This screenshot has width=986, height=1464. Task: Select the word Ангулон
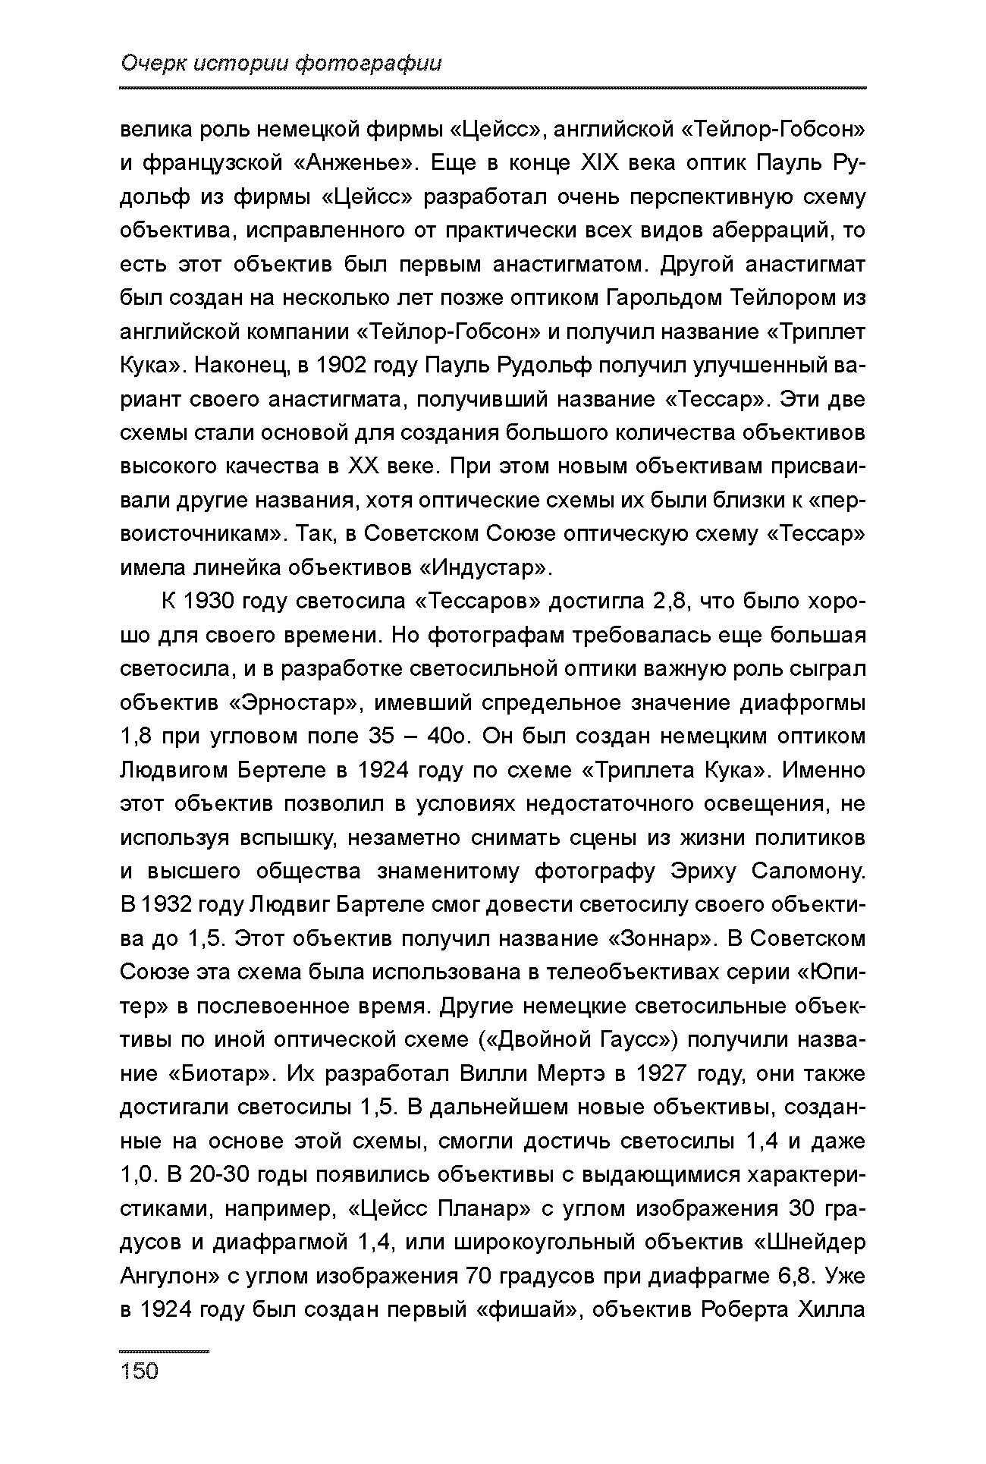(168, 1277)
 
